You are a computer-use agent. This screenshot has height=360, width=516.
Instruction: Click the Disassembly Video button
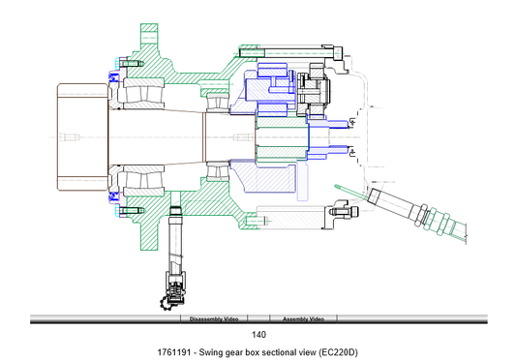214,318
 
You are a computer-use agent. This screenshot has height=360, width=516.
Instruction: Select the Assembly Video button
303,318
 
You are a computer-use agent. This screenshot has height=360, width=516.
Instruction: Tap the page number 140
258,335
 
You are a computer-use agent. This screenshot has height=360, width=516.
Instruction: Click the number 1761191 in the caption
173,352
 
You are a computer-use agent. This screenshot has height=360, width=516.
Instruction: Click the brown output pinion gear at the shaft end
83,136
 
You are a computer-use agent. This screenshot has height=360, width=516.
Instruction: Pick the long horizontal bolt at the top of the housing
291,52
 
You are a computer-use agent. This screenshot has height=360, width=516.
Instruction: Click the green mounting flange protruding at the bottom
149,235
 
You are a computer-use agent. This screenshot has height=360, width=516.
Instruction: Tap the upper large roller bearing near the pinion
143,94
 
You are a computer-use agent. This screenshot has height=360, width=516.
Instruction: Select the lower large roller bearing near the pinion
143,180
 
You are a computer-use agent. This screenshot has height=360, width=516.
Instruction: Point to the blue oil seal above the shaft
113,77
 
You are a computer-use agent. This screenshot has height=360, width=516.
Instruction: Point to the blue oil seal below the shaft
113,196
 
